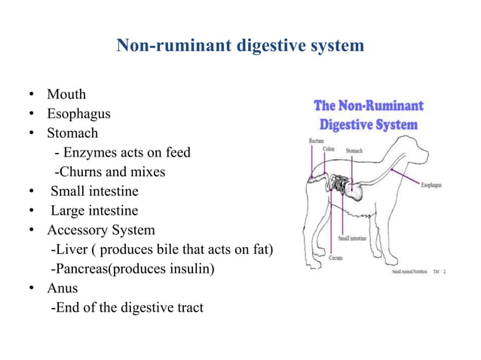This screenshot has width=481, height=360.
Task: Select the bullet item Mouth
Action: pyautogui.click(x=66, y=95)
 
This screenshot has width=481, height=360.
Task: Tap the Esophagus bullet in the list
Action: pyautogui.click(x=78, y=114)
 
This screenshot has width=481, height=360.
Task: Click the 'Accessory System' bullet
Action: pyautogui.click(x=100, y=230)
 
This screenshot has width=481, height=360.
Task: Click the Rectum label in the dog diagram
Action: pyautogui.click(x=317, y=141)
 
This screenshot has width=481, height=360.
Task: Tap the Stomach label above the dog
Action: pyautogui.click(x=354, y=151)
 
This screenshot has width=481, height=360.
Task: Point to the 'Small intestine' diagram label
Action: pyautogui.click(x=354, y=237)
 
